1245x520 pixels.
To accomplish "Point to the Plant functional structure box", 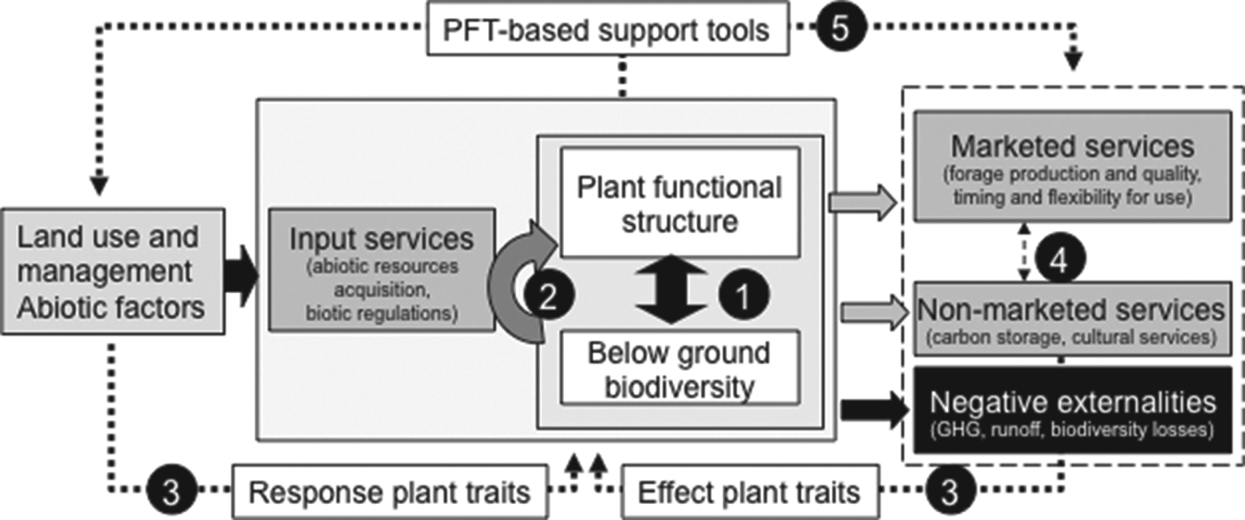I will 680,204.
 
